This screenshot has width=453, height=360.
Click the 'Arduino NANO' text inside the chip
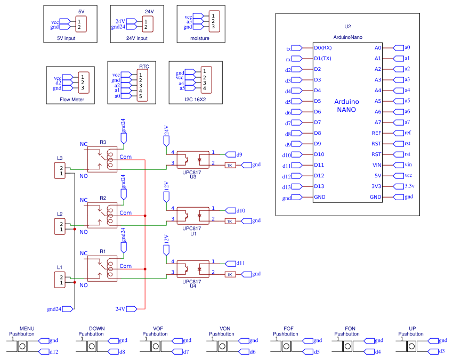346,105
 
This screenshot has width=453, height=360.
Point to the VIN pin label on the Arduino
377,165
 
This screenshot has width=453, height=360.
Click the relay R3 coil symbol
111,159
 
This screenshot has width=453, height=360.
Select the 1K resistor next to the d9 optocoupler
230,165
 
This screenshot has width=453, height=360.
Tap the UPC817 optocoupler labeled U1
192,215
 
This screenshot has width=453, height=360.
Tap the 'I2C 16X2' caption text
195,100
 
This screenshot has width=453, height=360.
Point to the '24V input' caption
136,38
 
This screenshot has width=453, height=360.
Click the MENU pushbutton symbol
22,346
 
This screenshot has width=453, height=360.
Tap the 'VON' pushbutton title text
224,329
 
